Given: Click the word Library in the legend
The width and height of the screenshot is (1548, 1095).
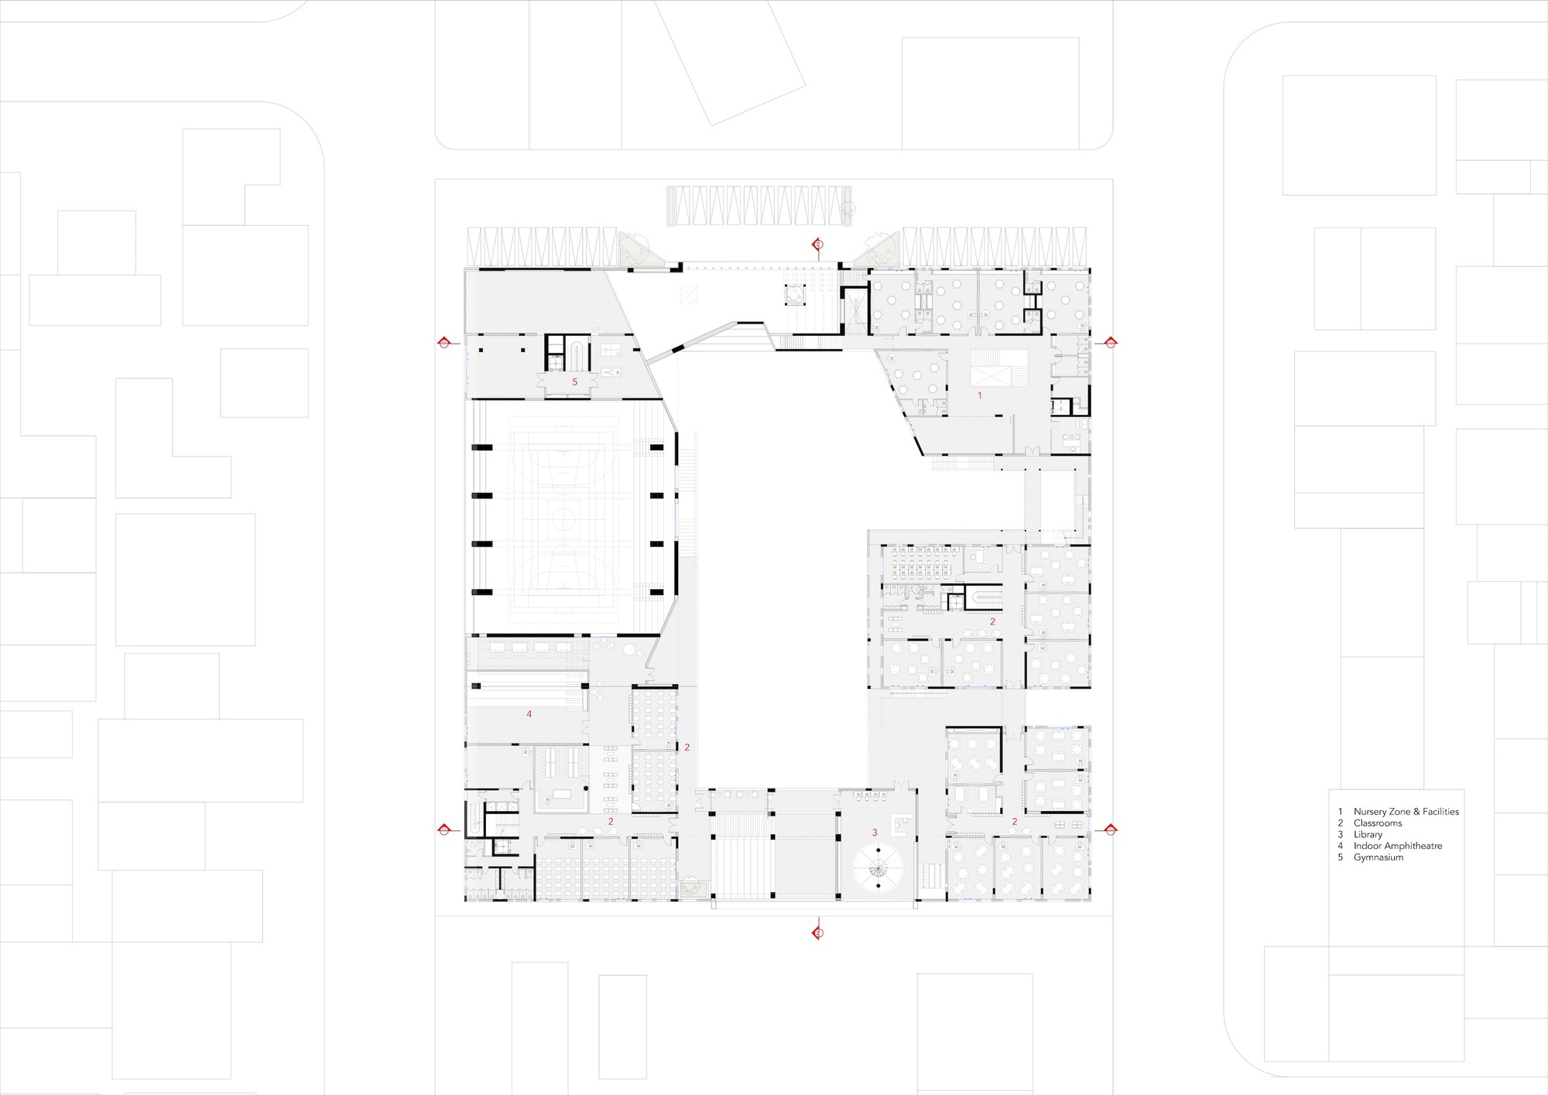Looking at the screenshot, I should pyautogui.click(x=1368, y=834).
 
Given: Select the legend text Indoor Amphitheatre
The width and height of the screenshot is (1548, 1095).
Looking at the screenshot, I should pyautogui.click(x=1397, y=846).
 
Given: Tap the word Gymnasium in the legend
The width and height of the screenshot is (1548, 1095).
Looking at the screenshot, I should pyautogui.click(x=1378, y=857).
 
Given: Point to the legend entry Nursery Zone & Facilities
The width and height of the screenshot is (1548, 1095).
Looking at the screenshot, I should pyautogui.click(x=1406, y=812).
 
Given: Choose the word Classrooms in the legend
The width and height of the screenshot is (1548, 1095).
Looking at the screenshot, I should pyautogui.click(x=1378, y=823).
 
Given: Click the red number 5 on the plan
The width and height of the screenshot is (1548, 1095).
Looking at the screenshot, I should pyautogui.click(x=574, y=382).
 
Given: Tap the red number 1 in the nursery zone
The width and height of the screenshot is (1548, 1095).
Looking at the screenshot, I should pyautogui.click(x=980, y=395).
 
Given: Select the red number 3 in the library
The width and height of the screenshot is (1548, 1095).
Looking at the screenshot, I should pyautogui.click(x=875, y=833).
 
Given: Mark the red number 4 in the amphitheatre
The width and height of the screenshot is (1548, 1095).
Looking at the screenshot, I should pyautogui.click(x=529, y=714).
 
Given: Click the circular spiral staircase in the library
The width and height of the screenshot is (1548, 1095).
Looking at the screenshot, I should pyautogui.click(x=878, y=866).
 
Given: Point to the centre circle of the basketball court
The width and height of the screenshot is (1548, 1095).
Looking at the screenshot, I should pyautogui.click(x=564, y=515).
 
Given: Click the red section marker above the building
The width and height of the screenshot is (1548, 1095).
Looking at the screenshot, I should pyautogui.click(x=817, y=245).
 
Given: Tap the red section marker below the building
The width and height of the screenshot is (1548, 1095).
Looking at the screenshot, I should pyautogui.click(x=817, y=932).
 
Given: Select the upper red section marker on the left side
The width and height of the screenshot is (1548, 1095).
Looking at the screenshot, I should pyautogui.click(x=444, y=342).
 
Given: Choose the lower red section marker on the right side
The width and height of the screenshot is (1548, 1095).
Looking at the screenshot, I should pyautogui.click(x=1110, y=830).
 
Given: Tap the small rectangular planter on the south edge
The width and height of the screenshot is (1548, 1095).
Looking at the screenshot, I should pyautogui.click(x=690, y=887).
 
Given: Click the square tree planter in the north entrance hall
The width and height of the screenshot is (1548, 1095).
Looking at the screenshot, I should pyautogui.click(x=795, y=295).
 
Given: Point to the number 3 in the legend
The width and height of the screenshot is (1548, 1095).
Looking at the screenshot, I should pyautogui.click(x=1340, y=834).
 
